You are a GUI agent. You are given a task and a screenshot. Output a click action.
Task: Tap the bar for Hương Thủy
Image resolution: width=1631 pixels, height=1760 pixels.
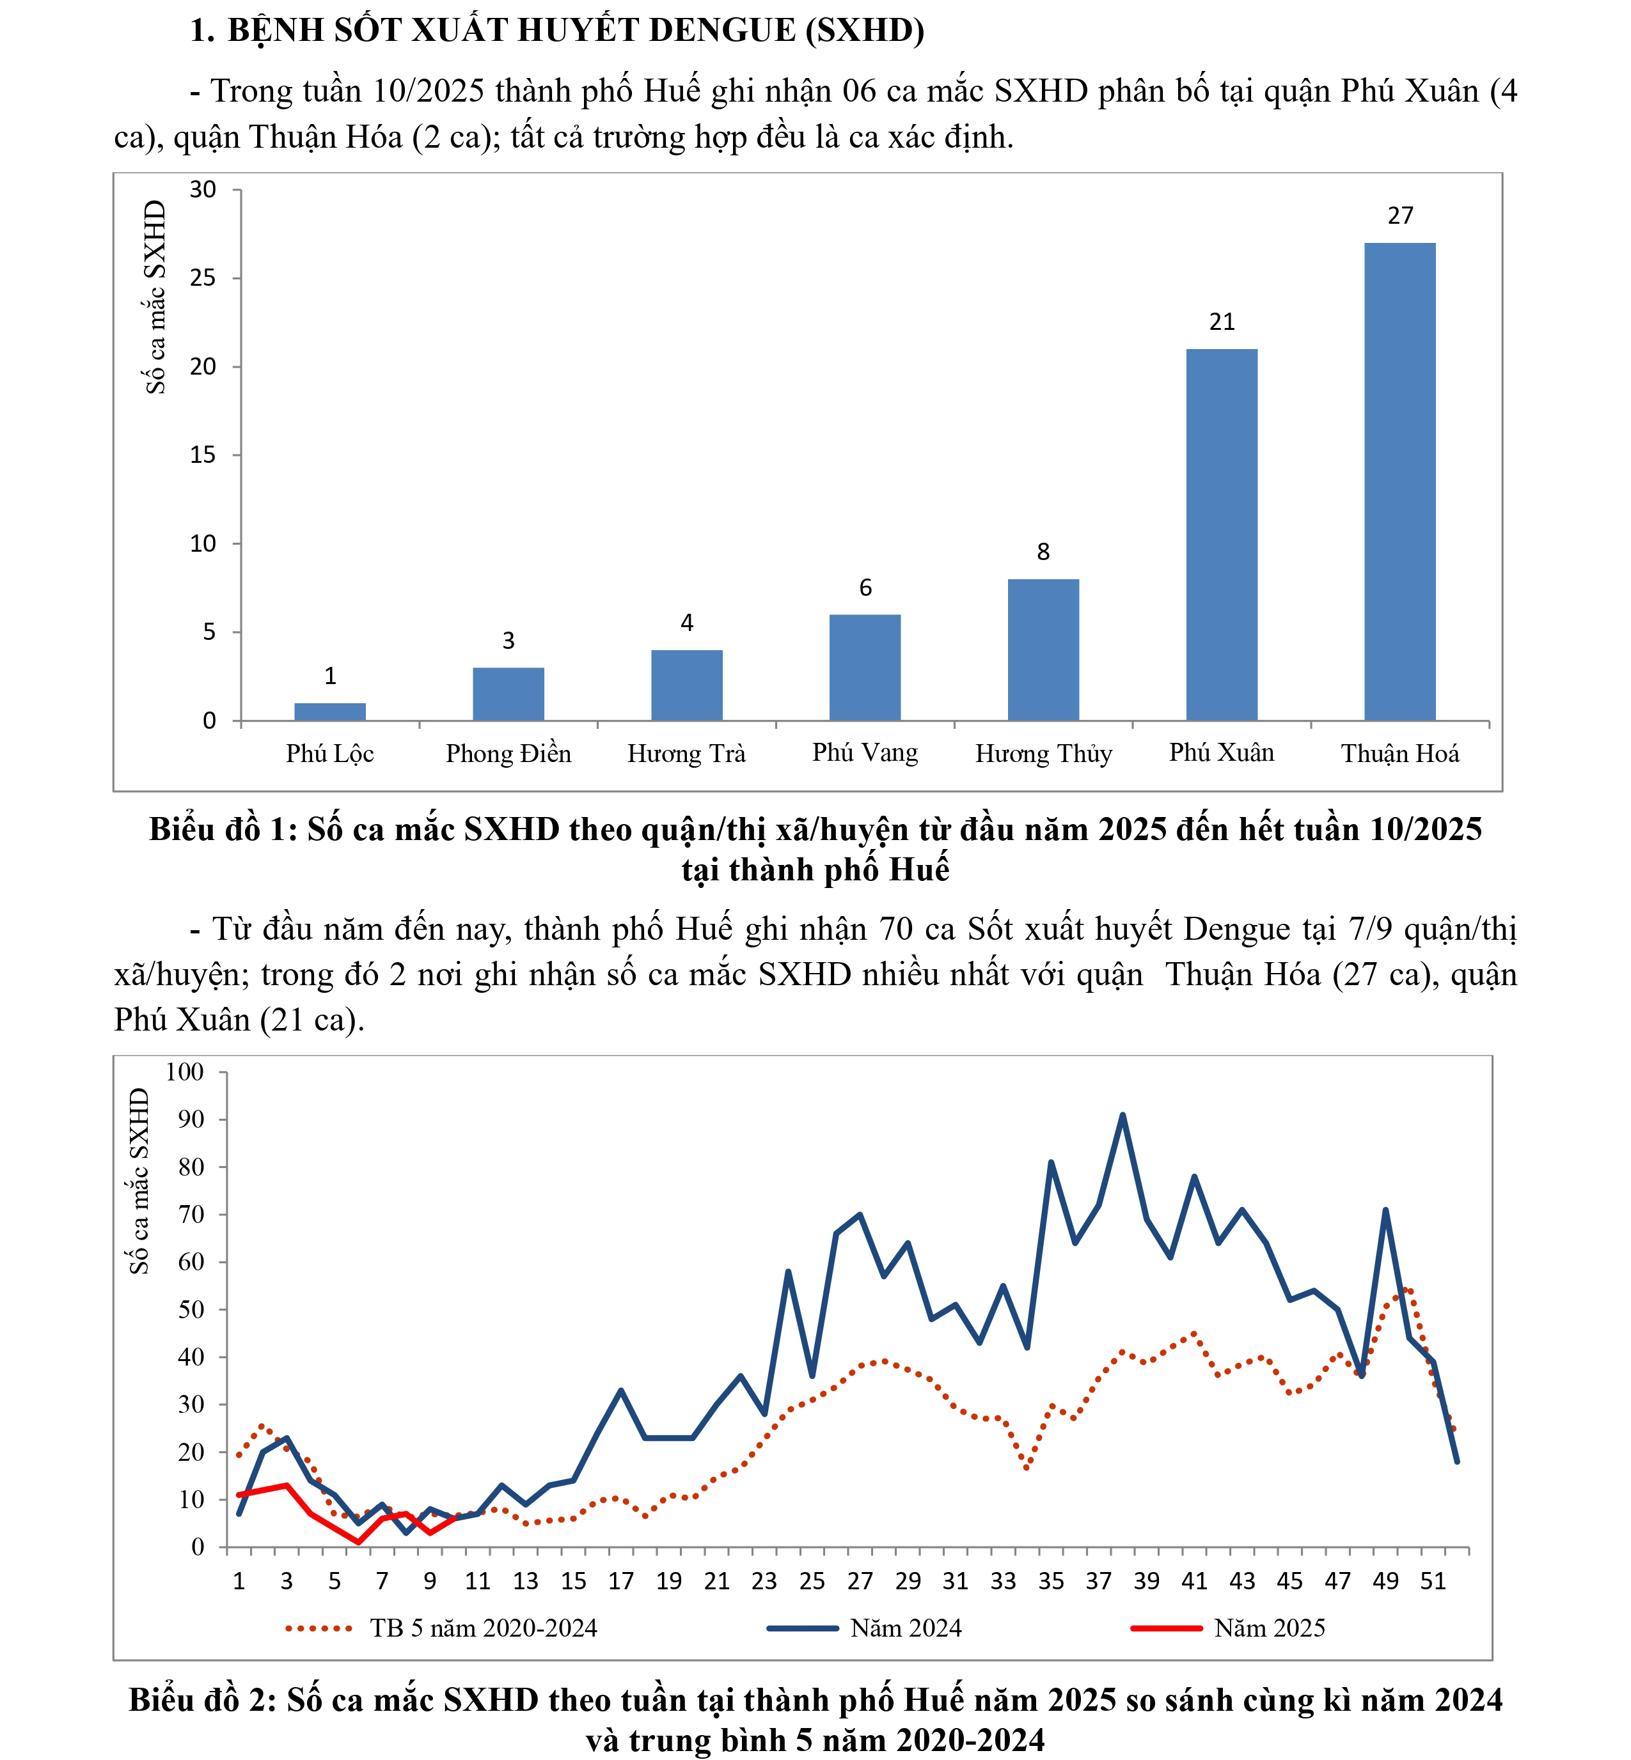1043,650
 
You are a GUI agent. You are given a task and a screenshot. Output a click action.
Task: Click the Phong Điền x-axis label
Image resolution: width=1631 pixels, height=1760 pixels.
508,753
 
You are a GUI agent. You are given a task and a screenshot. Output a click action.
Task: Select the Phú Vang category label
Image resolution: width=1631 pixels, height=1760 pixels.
865,752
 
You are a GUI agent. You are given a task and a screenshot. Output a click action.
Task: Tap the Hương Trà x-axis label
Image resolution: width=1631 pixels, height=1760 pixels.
687,753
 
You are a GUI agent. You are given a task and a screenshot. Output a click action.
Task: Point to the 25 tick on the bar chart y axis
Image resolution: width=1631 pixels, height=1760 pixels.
203,279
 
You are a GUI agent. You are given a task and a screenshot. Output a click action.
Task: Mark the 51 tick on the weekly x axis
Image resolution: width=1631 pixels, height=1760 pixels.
1433,1581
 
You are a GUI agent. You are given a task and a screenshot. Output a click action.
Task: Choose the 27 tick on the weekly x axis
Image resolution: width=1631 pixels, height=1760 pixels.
860,1581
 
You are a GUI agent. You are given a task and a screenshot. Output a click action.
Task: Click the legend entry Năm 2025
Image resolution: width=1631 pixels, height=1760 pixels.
1269,1628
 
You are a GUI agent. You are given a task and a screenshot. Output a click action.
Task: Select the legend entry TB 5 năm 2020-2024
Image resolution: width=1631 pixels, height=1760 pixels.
483,1628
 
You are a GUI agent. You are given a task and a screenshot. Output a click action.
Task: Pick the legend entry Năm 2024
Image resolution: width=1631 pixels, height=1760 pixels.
906,1628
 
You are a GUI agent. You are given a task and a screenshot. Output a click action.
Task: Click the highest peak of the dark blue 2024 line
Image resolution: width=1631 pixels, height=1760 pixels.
1123,1115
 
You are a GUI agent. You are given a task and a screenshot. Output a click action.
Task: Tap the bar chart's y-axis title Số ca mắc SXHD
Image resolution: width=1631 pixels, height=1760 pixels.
155,297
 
